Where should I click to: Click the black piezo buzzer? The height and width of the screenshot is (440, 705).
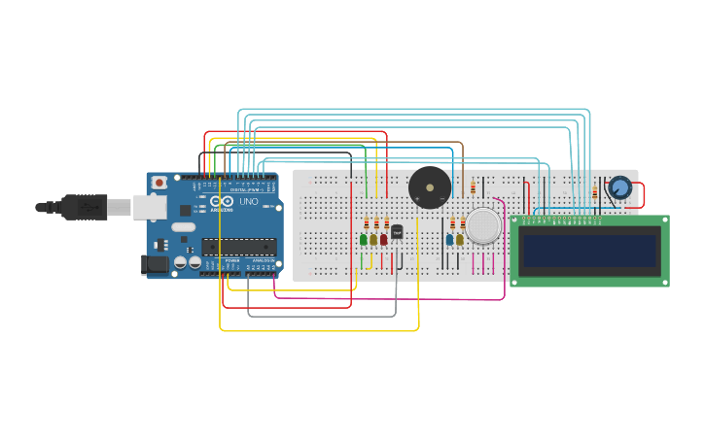tap(429, 186)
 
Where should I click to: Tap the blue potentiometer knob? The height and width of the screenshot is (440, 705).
tap(619, 186)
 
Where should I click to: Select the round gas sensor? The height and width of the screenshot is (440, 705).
tap(482, 225)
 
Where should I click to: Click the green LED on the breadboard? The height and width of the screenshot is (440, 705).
tap(364, 239)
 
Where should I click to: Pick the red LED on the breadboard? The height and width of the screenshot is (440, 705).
tap(384, 239)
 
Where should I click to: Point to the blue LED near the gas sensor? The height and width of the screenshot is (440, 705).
tap(449, 239)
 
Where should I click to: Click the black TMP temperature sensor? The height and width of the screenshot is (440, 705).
tap(397, 231)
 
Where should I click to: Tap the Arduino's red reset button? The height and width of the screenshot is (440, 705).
tap(159, 183)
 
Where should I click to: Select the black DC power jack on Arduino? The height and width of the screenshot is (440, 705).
tap(154, 263)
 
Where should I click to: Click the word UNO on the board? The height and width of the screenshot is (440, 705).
tap(249, 202)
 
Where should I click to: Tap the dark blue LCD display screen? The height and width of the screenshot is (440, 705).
tap(589, 250)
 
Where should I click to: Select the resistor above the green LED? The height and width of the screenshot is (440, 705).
tap(367, 223)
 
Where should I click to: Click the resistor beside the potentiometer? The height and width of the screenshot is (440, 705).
tap(594, 193)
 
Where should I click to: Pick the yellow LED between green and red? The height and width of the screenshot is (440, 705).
tap(373, 239)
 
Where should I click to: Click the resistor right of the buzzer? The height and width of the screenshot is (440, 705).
tap(474, 187)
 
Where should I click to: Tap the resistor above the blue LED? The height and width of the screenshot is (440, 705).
tap(452, 224)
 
